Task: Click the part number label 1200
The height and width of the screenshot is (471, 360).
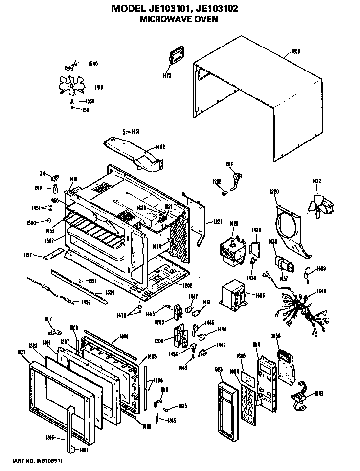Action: [x=296, y=51]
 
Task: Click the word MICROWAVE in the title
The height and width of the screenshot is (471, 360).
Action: [x=157, y=20]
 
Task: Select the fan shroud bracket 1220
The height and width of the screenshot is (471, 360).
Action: [x=292, y=230]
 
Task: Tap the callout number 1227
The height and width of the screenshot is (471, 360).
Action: [x=217, y=222]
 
